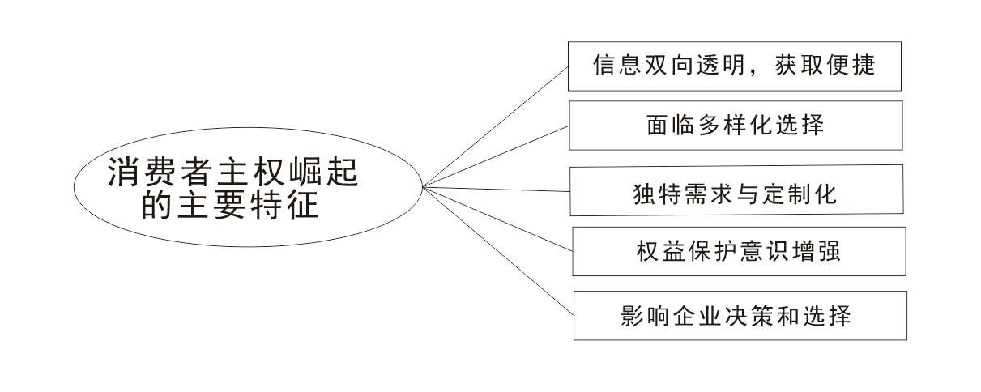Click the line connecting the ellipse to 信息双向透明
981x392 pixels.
click(x=496, y=127)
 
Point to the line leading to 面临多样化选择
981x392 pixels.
click(x=497, y=156)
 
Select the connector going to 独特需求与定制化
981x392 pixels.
click(x=497, y=190)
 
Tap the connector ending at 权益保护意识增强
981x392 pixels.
click(x=498, y=219)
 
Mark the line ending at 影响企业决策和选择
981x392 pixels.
click(x=498, y=251)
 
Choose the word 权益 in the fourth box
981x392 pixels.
click(x=661, y=251)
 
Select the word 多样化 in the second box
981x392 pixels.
click(x=735, y=126)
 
